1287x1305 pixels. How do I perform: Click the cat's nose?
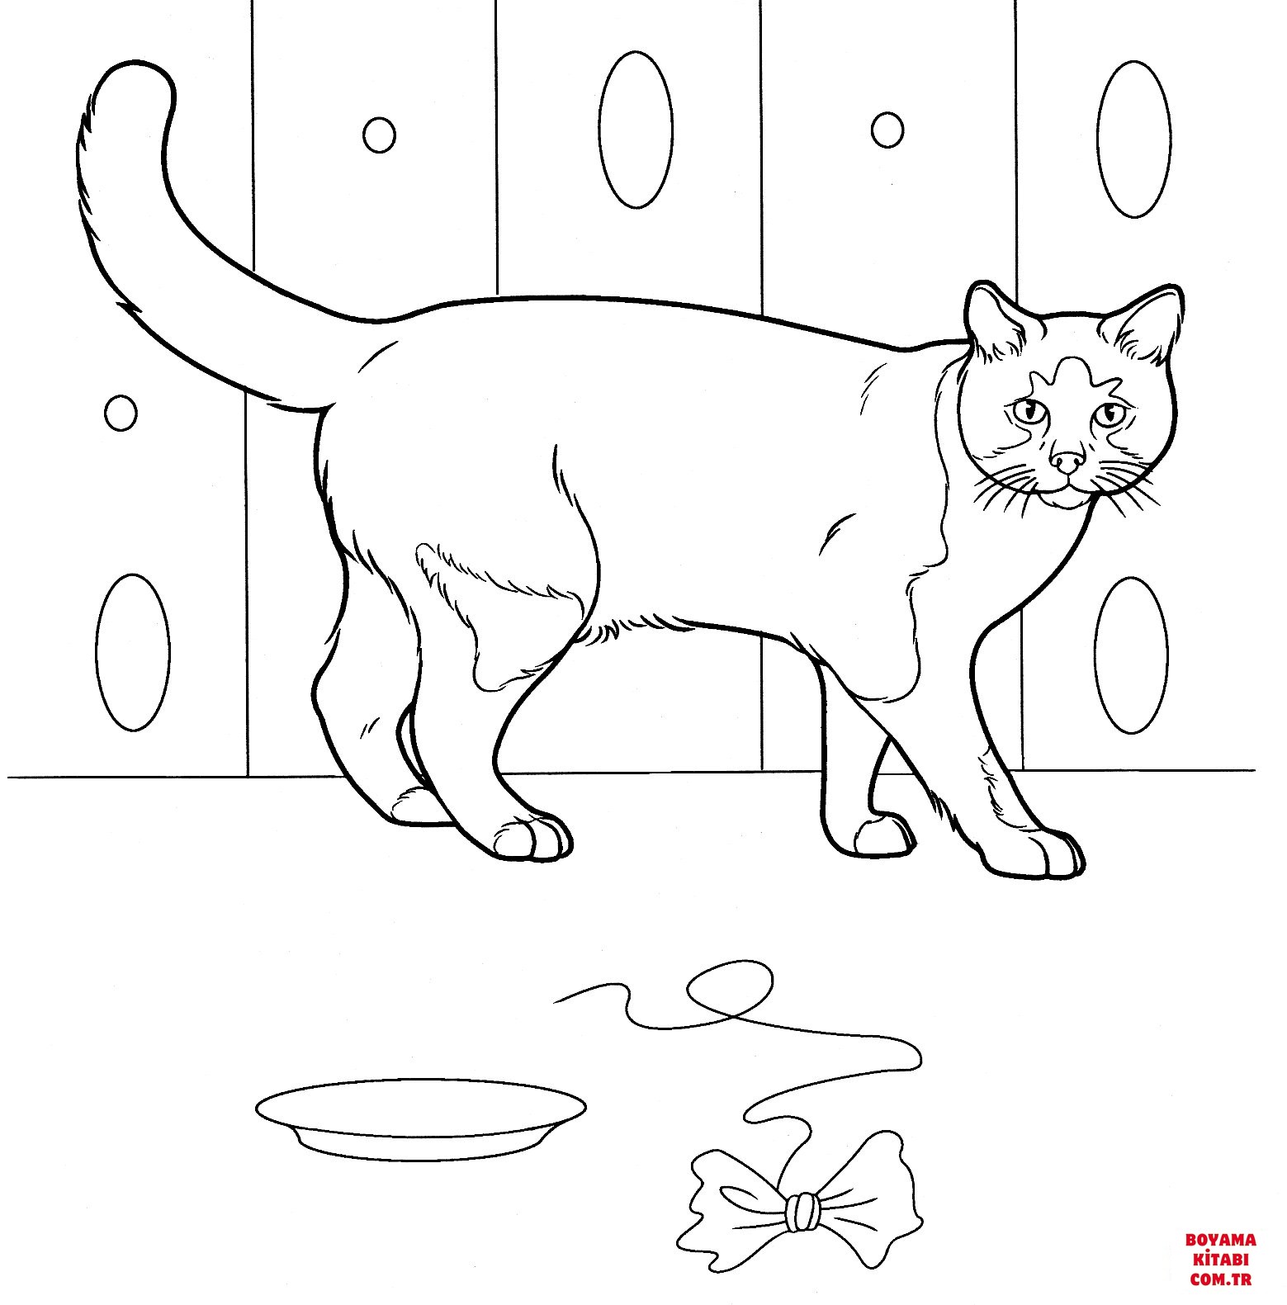pyautogui.click(x=1067, y=463)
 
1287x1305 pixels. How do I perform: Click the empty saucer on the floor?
pyautogui.click(x=421, y=1116)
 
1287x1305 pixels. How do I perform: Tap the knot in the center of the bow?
pyautogui.click(x=801, y=1213)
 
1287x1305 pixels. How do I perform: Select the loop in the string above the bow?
pyautogui.click(x=731, y=986)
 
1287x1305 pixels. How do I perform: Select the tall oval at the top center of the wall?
pyautogui.click(x=635, y=130)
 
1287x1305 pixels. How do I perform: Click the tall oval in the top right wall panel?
pyautogui.click(x=1134, y=139)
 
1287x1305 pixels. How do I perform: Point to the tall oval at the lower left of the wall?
pyautogui.click(x=132, y=652)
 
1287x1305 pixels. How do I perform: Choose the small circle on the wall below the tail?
pyautogui.click(x=121, y=411)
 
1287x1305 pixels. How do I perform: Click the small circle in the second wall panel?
pyautogui.click(x=379, y=135)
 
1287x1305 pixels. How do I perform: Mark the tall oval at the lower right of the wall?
pyautogui.click(x=1131, y=655)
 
